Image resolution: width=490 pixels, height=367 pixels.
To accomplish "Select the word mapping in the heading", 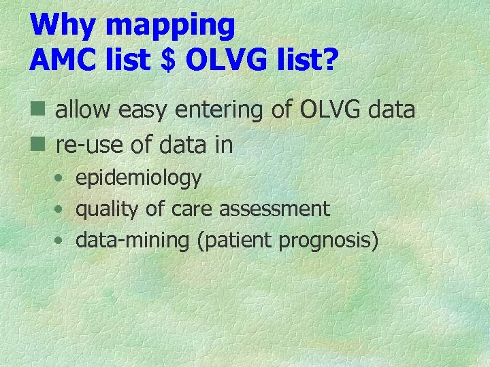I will tap(171, 27).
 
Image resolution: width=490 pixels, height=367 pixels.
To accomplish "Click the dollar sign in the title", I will tap(167, 60).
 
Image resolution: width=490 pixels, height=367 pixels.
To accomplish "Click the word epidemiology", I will tap(138, 179).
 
